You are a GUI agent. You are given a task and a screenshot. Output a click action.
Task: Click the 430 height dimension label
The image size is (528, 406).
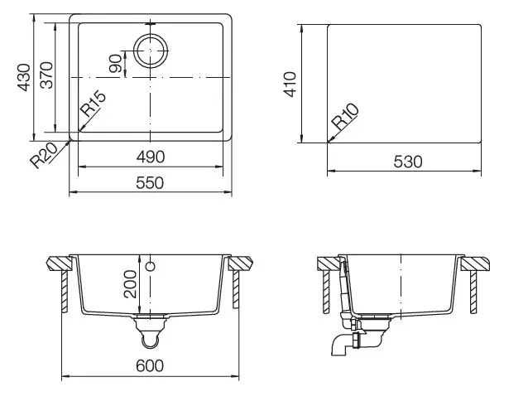pos(25,76)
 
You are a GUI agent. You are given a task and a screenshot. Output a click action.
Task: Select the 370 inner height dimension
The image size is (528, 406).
pos(47,76)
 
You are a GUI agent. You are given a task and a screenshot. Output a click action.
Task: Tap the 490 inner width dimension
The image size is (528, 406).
pos(150,157)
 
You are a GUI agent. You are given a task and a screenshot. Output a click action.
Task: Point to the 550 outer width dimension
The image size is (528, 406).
pos(150,181)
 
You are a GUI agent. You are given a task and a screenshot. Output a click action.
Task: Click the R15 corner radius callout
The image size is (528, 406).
pos(93,105)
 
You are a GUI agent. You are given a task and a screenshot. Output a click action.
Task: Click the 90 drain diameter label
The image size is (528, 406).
pos(115,62)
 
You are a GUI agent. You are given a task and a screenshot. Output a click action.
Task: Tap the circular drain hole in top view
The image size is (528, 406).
pos(150,51)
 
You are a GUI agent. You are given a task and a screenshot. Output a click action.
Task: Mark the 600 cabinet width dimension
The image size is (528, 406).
pos(150,365)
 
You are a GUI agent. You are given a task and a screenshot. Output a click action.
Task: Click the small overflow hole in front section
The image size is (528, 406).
pos(151,267)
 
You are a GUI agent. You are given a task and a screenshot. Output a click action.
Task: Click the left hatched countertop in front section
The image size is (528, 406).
pos(60,264)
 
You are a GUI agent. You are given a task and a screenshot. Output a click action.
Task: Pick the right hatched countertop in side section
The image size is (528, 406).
pos(476,264)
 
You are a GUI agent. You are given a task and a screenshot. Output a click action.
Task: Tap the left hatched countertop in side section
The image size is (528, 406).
pos(329,264)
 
